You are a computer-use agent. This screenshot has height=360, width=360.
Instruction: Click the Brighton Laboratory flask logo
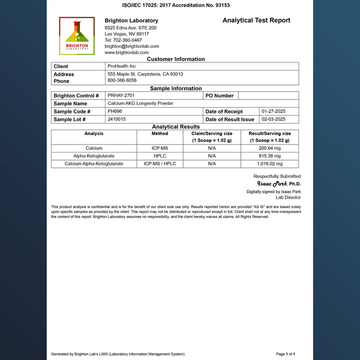pos(76,35)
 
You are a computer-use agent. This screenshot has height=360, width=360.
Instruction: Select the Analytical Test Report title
pos(256,20)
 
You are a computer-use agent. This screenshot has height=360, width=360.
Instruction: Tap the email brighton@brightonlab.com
pos(131,46)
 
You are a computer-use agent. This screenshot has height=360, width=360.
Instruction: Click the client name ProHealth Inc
pos(121,66)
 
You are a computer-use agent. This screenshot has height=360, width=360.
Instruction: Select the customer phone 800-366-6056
pos(122,80)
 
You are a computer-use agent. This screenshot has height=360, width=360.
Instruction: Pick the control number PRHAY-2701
pos(121,95)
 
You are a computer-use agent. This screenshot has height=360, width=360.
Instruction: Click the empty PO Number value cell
pos(268,95)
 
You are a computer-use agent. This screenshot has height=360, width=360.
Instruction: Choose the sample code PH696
pos(114,111)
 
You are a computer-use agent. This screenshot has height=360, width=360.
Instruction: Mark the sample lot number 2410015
pos(116,119)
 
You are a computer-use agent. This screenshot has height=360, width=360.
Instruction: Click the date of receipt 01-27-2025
pos(273,111)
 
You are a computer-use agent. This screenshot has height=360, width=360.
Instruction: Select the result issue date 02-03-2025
pos(273,119)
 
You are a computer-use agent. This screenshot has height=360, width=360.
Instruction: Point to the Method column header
pos(159,133)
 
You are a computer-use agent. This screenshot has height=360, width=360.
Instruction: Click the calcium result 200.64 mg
pos(269,148)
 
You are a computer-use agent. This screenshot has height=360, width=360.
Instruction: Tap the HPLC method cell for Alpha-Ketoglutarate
pos(159,156)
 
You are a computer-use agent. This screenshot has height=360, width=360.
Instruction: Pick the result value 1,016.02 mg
pos(269,163)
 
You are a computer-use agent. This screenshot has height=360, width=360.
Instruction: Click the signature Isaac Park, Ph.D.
pos(278,183)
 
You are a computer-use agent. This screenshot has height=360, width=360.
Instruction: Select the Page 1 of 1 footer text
pos(285,354)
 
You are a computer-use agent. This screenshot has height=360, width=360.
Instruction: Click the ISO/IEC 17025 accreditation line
pos(176,5)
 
